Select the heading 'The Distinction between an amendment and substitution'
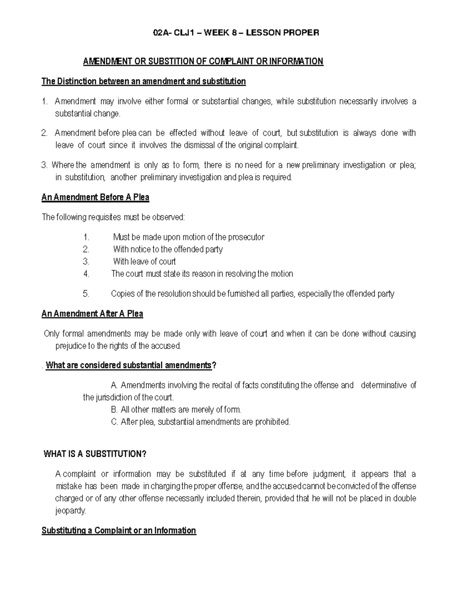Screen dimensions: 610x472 144,81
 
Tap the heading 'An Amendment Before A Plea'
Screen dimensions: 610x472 95,197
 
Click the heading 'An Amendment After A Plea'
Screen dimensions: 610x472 92,314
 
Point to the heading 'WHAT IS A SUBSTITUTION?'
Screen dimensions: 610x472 95,454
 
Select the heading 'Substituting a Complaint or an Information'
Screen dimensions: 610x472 119,531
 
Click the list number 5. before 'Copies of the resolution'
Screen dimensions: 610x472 86,294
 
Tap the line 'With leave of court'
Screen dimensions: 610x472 144,262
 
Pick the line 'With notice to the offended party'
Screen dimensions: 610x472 168,249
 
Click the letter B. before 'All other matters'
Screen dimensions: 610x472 114,410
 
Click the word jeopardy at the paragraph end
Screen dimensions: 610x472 70,511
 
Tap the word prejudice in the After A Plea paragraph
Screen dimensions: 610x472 69,346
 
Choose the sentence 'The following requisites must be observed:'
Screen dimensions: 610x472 113,217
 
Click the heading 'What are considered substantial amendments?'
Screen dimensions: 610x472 130,366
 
